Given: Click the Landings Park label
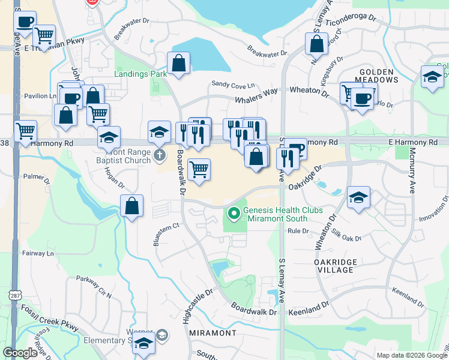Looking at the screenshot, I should [140, 74].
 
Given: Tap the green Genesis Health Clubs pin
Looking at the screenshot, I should [233, 213].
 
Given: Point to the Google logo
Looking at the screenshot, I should [20, 353].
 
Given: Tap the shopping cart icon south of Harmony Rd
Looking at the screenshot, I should [199, 169].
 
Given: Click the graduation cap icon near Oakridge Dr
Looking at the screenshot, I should [358, 197].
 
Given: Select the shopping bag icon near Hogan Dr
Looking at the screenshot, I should [132, 206].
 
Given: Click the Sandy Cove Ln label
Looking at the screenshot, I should [232, 85].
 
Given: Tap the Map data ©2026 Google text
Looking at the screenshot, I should [411, 355].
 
